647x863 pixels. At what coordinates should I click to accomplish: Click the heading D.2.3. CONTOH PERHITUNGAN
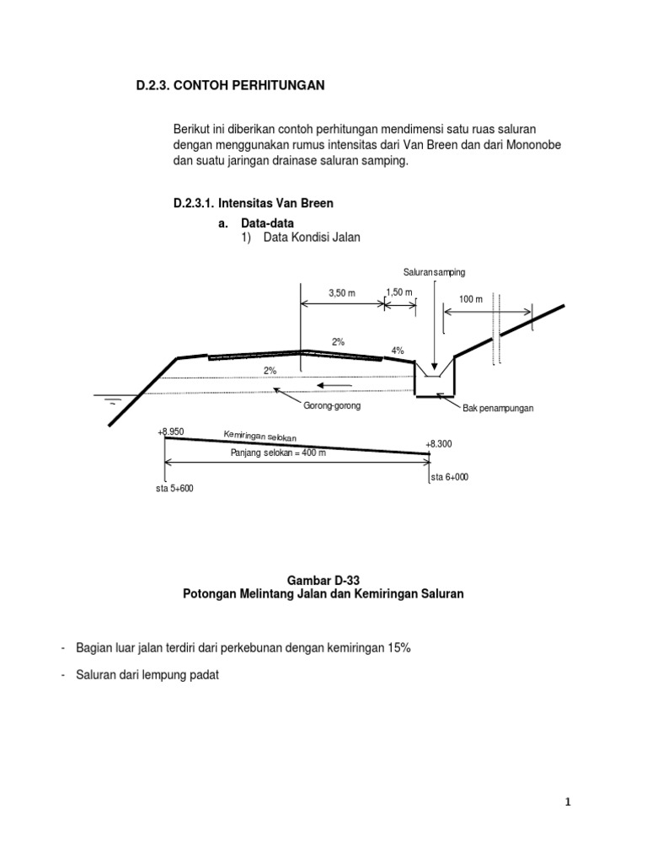click(230, 86)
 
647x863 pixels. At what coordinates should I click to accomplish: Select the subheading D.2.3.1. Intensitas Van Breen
click(253, 203)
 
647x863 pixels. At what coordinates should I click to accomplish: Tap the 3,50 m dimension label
click(342, 293)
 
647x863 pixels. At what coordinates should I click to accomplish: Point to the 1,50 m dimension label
click(398, 292)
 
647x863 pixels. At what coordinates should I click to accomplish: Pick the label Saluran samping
click(434, 272)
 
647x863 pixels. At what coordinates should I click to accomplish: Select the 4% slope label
click(398, 350)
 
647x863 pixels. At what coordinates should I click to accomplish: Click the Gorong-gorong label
click(332, 406)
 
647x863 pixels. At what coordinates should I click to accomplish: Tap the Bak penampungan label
click(498, 408)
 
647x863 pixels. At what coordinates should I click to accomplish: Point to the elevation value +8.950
click(170, 431)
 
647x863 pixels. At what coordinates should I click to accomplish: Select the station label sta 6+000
click(449, 477)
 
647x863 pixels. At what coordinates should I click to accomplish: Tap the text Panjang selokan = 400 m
click(278, 453)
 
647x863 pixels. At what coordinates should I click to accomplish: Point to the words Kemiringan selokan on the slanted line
click(260, 436)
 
